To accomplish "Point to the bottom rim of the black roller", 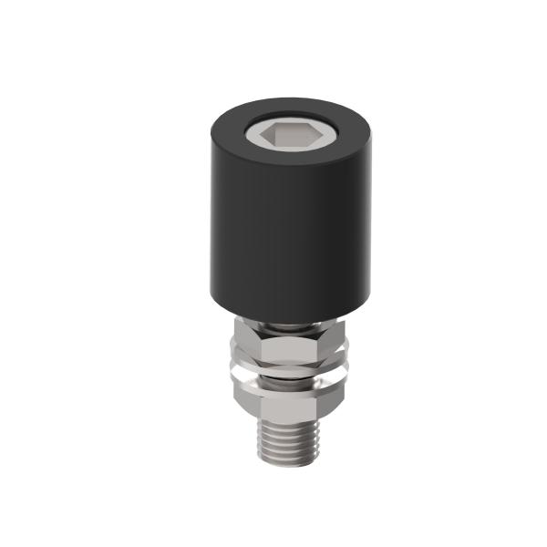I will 273,318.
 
